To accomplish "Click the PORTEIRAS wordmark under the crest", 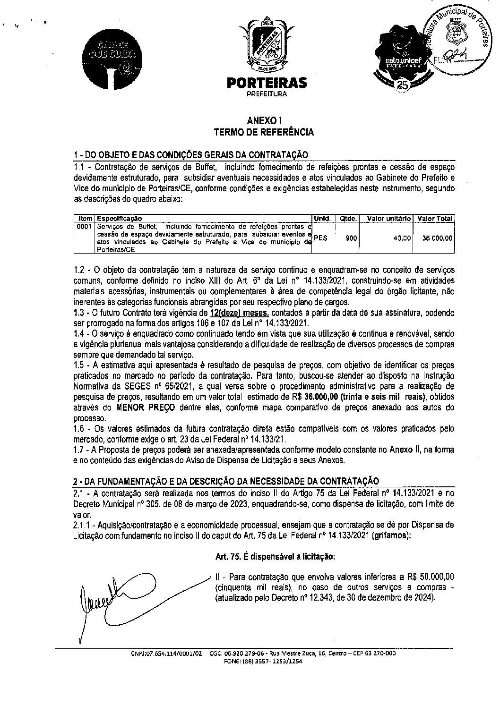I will click(267, 83).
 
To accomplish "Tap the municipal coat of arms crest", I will click(267, 45).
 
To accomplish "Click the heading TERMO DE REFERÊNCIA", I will click(264, 132).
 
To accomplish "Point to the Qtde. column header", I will click(347, 219).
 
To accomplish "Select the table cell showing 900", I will click(351, 238).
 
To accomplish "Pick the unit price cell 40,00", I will click(402, 238).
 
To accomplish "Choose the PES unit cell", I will click(320, 238).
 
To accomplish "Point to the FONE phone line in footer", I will click(263, 662).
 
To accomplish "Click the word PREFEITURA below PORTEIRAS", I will click(267, 94).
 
